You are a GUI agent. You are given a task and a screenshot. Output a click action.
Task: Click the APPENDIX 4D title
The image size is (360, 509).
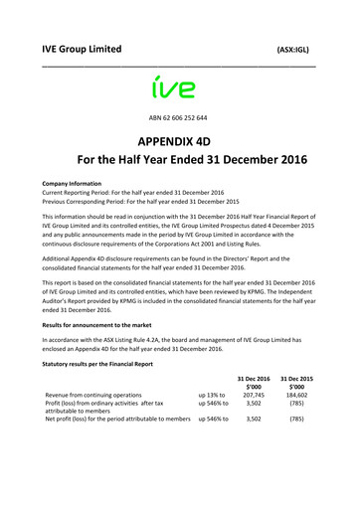(179, 140)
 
